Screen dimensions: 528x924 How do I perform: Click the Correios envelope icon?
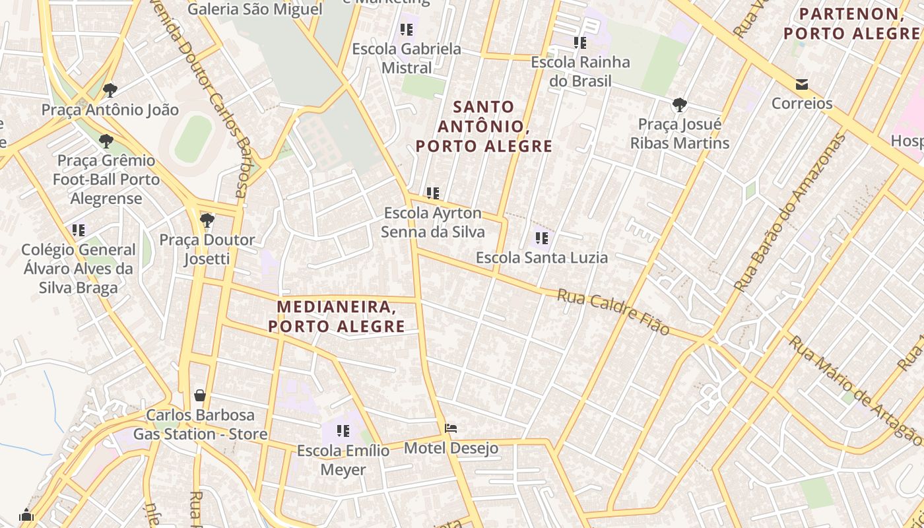point(802,84)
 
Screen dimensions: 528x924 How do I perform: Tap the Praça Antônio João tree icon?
point(110,90)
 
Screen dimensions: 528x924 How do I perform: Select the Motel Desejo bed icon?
point(451,429)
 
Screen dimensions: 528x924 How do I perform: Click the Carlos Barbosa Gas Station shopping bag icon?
point(200,395)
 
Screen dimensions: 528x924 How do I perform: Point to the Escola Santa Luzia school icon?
point(542,238)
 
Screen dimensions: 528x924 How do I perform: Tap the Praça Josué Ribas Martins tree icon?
point(679,104)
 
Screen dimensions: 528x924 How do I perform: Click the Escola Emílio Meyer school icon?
point(343,432)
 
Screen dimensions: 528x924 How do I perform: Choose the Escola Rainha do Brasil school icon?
point(580,43)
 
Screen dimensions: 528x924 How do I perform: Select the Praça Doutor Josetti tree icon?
point(207,220)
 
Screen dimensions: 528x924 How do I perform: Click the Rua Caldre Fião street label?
point(614,312)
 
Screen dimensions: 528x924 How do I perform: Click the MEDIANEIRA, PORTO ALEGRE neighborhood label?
point(337,316)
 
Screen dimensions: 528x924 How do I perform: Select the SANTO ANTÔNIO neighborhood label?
point(484,126)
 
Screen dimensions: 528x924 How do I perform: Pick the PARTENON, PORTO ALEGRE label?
point(851,23)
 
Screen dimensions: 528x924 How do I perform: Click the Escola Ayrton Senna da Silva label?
point(433,222)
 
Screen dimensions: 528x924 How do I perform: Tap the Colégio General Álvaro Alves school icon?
point(79,230)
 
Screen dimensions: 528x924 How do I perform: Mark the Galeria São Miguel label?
point(255,9)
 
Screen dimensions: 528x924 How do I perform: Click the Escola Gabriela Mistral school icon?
point(406,30)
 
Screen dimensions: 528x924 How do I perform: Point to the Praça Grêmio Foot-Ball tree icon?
point(106,141)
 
